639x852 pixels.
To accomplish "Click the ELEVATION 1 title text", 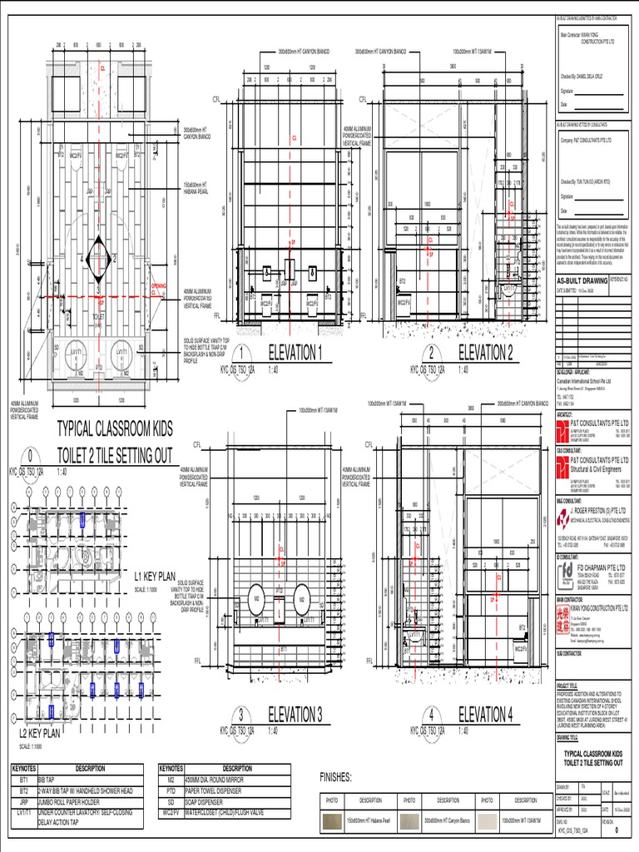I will click(x=295, y=352).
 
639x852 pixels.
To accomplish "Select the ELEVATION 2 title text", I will click(x=485, y=352).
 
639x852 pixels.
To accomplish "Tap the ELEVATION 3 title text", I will click(x=295, y=714).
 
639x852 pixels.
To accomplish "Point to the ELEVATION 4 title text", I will click(x=485, y=714).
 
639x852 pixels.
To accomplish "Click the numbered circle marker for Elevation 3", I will click(x=241, y=716).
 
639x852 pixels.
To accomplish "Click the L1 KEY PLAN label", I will click(x=156, y=551).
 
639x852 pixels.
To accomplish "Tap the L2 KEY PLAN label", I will click(x=39, y=733).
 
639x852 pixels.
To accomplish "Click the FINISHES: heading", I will click(x=343, y=777).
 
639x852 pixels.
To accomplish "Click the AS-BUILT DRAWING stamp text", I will click(x=582, y=280).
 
